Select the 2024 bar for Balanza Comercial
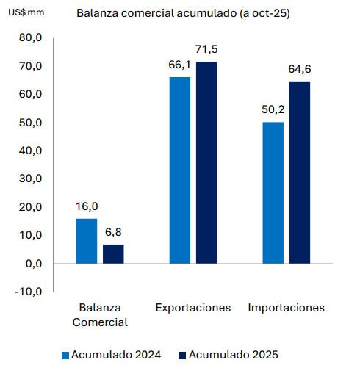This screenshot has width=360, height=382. [x=87, y=241]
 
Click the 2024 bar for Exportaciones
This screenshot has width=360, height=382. [x=179, y=170]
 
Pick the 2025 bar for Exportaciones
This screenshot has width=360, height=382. [x=206, y=162]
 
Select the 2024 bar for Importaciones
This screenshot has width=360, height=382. [x=273, y=192]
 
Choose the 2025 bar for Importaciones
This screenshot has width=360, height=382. [x=300, y=172]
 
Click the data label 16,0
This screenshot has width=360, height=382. [x=87, y=207]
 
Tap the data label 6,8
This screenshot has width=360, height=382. [x=113, y=233]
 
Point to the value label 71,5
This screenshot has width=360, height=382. [x=206, y=50]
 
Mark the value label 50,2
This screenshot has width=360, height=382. [x=273, y=109]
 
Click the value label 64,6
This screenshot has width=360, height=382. [x=300, y=69]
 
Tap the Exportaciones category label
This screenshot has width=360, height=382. [x=193, y=308]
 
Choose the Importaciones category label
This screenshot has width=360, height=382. [x=287, y=308]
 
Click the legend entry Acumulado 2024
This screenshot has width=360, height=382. [x=111, y=355]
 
